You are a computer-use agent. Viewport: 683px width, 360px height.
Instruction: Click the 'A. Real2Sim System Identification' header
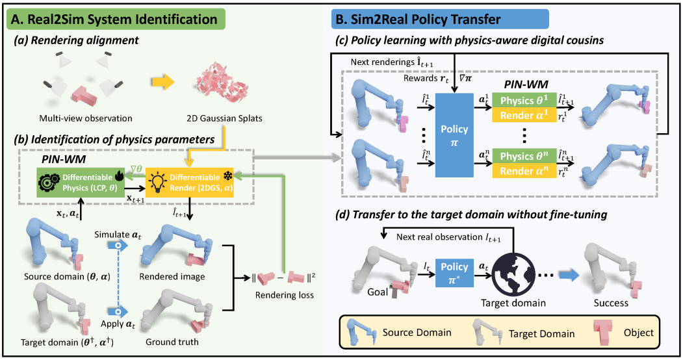(x=116, y=19)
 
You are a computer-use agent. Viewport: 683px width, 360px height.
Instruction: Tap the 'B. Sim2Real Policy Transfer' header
(x=440, y=19)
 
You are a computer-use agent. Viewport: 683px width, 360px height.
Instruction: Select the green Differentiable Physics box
(x=81, y=183)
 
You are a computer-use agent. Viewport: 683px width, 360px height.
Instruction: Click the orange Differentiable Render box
(x=190, y=183)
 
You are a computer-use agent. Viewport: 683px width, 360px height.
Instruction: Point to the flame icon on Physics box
(x=119, y=175)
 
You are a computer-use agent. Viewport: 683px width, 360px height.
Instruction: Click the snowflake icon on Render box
(x=228, y=175)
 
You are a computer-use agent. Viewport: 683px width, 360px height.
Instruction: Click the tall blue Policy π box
(x=454, y=135)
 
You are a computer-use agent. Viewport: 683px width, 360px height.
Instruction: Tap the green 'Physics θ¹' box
(x=524, y=100)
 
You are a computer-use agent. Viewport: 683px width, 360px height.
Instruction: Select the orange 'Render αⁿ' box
(x=524, y=170)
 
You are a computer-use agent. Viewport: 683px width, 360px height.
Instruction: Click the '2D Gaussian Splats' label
(x=224, y=118)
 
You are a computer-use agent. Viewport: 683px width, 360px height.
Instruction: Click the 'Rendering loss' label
(x=285, y=295)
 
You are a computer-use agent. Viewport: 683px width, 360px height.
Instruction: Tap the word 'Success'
(x=611, y=303)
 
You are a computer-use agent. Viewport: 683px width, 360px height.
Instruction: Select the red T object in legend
(x=602, y=333)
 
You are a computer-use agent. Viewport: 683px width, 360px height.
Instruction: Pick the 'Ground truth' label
(x=172, y=342)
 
